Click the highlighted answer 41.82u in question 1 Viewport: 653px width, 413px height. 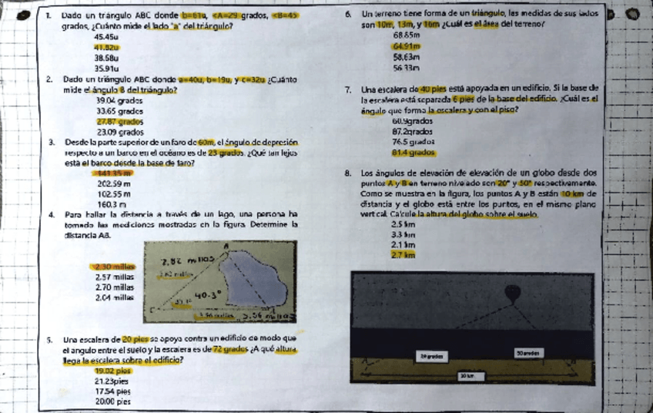click(105, 46)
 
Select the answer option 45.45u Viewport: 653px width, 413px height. click(105, 37)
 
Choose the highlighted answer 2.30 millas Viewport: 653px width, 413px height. click(114, 267)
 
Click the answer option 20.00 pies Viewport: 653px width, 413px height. click(112, 401)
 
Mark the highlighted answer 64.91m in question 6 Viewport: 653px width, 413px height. click(405, 46)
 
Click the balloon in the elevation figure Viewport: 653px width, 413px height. click(514, 293)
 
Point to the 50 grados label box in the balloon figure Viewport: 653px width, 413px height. click(531, 352)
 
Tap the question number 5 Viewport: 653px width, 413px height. click(50, 339)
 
